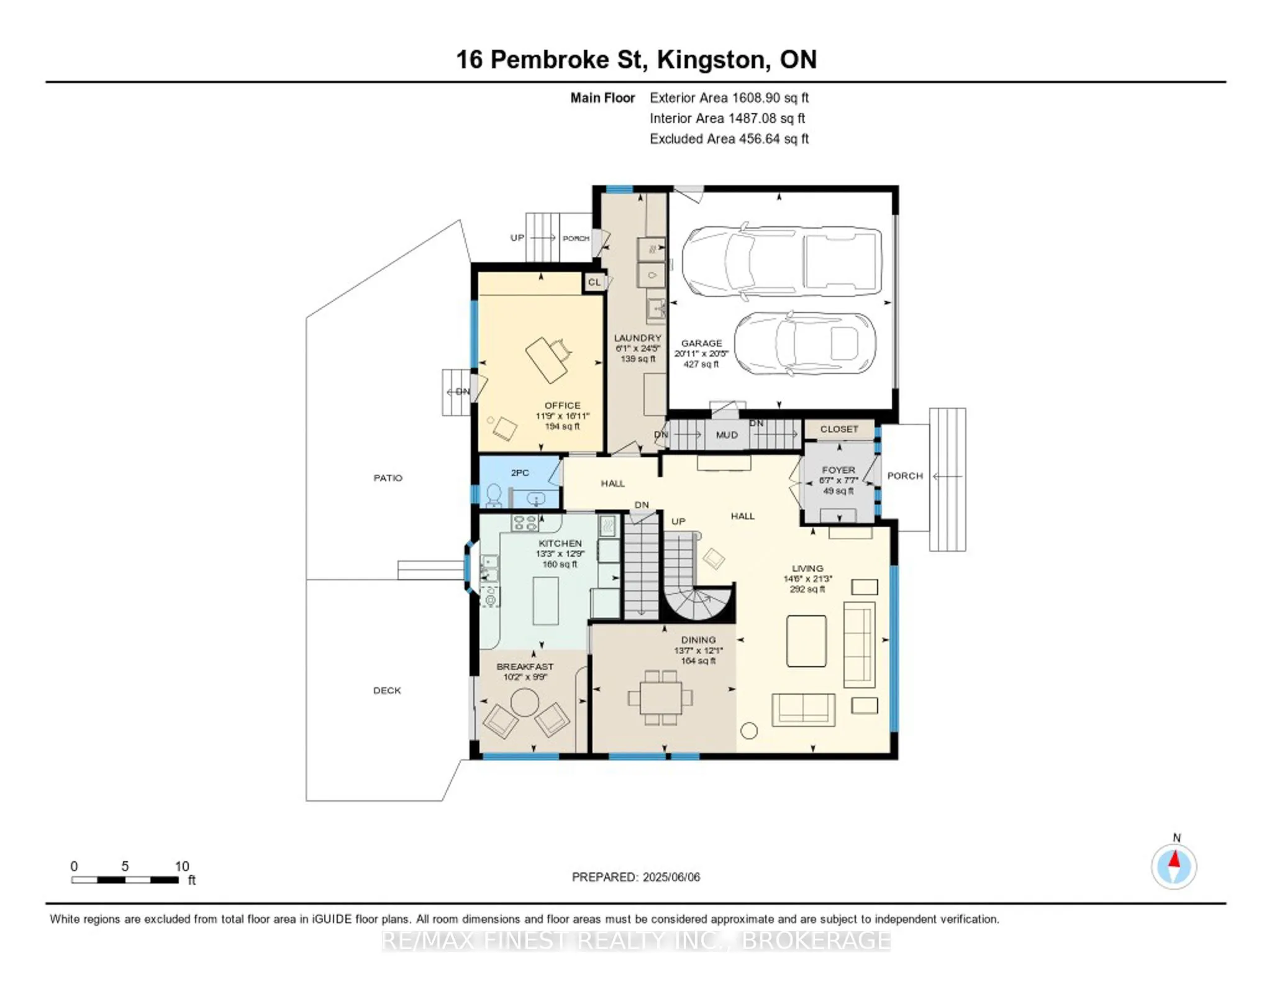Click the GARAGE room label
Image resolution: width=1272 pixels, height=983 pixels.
click(701, 343)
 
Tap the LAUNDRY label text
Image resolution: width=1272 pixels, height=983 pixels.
click(637, 338)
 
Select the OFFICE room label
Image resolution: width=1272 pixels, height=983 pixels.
click(562, 405)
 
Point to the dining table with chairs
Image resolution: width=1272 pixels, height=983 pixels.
click(661, 698)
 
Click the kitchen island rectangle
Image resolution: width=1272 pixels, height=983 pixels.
click(545, 600)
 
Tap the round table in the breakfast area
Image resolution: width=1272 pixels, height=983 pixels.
click(525, 703)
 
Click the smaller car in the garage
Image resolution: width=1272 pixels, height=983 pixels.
click(805, 343)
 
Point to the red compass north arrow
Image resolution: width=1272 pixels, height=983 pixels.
click(1174, 860)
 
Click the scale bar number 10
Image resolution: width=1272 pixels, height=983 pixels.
click(181, 866)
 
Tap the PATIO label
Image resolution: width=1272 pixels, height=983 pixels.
click(388, 478)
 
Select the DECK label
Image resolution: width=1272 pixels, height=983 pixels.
click(387, 690)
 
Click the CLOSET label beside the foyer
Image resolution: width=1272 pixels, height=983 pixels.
click(838, 429)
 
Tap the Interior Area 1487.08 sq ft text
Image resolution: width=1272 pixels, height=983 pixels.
click(727, 118)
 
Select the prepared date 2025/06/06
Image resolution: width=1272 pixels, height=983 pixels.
click(671, 877)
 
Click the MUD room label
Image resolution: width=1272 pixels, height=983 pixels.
click(726, 435)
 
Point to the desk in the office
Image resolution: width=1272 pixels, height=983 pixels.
click(547, 360)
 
